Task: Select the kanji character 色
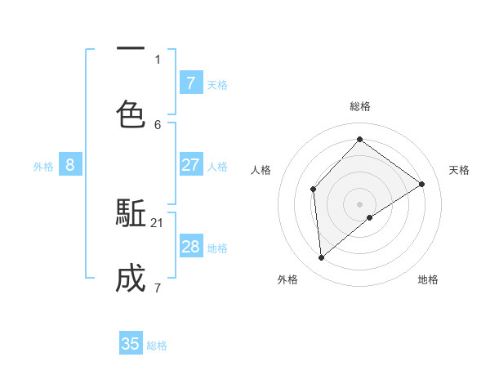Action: tap(131, 114)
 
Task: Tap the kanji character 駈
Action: tap(131, 215)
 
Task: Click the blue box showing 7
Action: tap(190, 83)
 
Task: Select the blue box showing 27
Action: tap(190, 165)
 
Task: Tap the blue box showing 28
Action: tap(190, 247)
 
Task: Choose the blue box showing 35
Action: tap(131, 344)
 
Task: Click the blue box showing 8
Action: tap(70, 165)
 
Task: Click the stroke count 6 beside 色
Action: tap(158, 125)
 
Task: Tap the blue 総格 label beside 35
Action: tap(158, 346)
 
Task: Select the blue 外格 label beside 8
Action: tap(43, 167)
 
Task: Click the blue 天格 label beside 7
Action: tap(217, 85)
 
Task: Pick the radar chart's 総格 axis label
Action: tap(360, 106)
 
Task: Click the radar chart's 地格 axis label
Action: tap(428, 279)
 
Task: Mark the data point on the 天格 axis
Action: tap(421, 184)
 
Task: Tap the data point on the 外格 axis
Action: tap(322, 258)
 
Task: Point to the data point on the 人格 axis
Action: tap(314, 190)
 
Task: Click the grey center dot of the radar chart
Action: tap(359, 203)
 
